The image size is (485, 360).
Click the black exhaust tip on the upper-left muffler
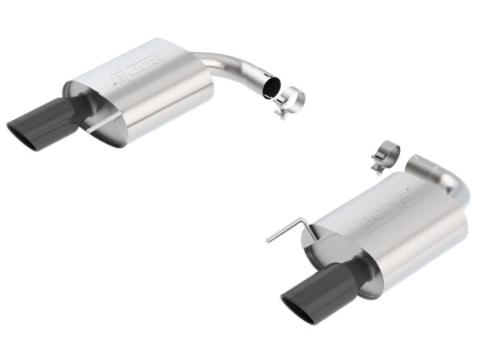[48, 119]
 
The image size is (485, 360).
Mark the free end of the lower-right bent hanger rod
[268, 240]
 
